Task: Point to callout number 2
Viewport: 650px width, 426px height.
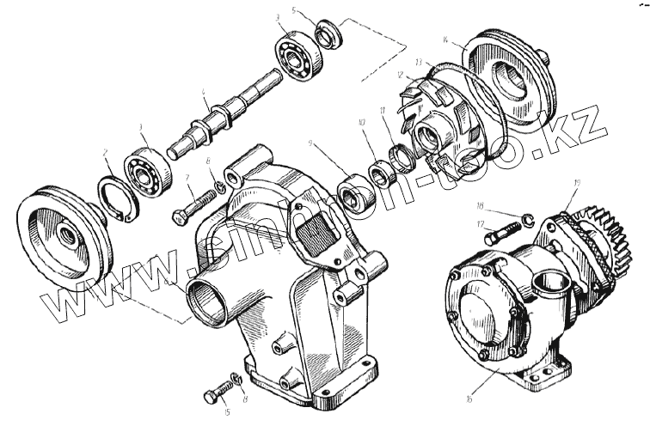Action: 105,155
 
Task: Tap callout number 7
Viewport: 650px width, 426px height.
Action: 187,177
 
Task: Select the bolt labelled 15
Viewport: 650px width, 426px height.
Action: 213,394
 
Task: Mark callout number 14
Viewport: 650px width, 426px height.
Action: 464,40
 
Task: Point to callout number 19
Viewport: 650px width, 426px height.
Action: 575,182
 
